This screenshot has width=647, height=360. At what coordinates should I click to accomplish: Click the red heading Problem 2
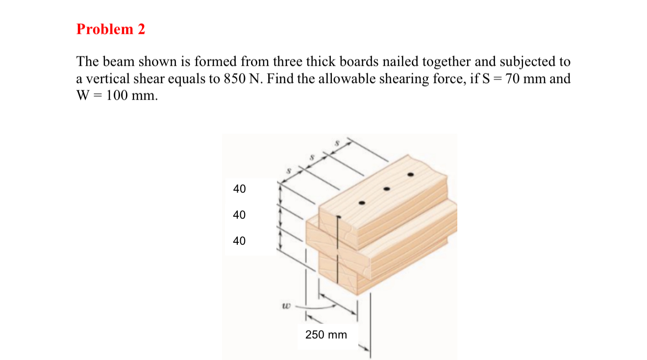click(111, 29)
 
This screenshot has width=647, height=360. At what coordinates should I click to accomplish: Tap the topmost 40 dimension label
click(240, 189)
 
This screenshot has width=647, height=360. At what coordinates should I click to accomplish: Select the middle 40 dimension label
click(240, 215)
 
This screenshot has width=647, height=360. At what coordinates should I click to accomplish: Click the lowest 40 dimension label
click(240, 241)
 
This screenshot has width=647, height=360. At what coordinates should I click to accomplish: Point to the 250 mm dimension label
click(326, 335)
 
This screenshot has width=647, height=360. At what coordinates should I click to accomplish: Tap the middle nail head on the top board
click(387, 189)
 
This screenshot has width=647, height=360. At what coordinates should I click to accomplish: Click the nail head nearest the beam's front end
click(362, 203)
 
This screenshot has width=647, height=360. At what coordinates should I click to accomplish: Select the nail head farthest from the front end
click(411, 175)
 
